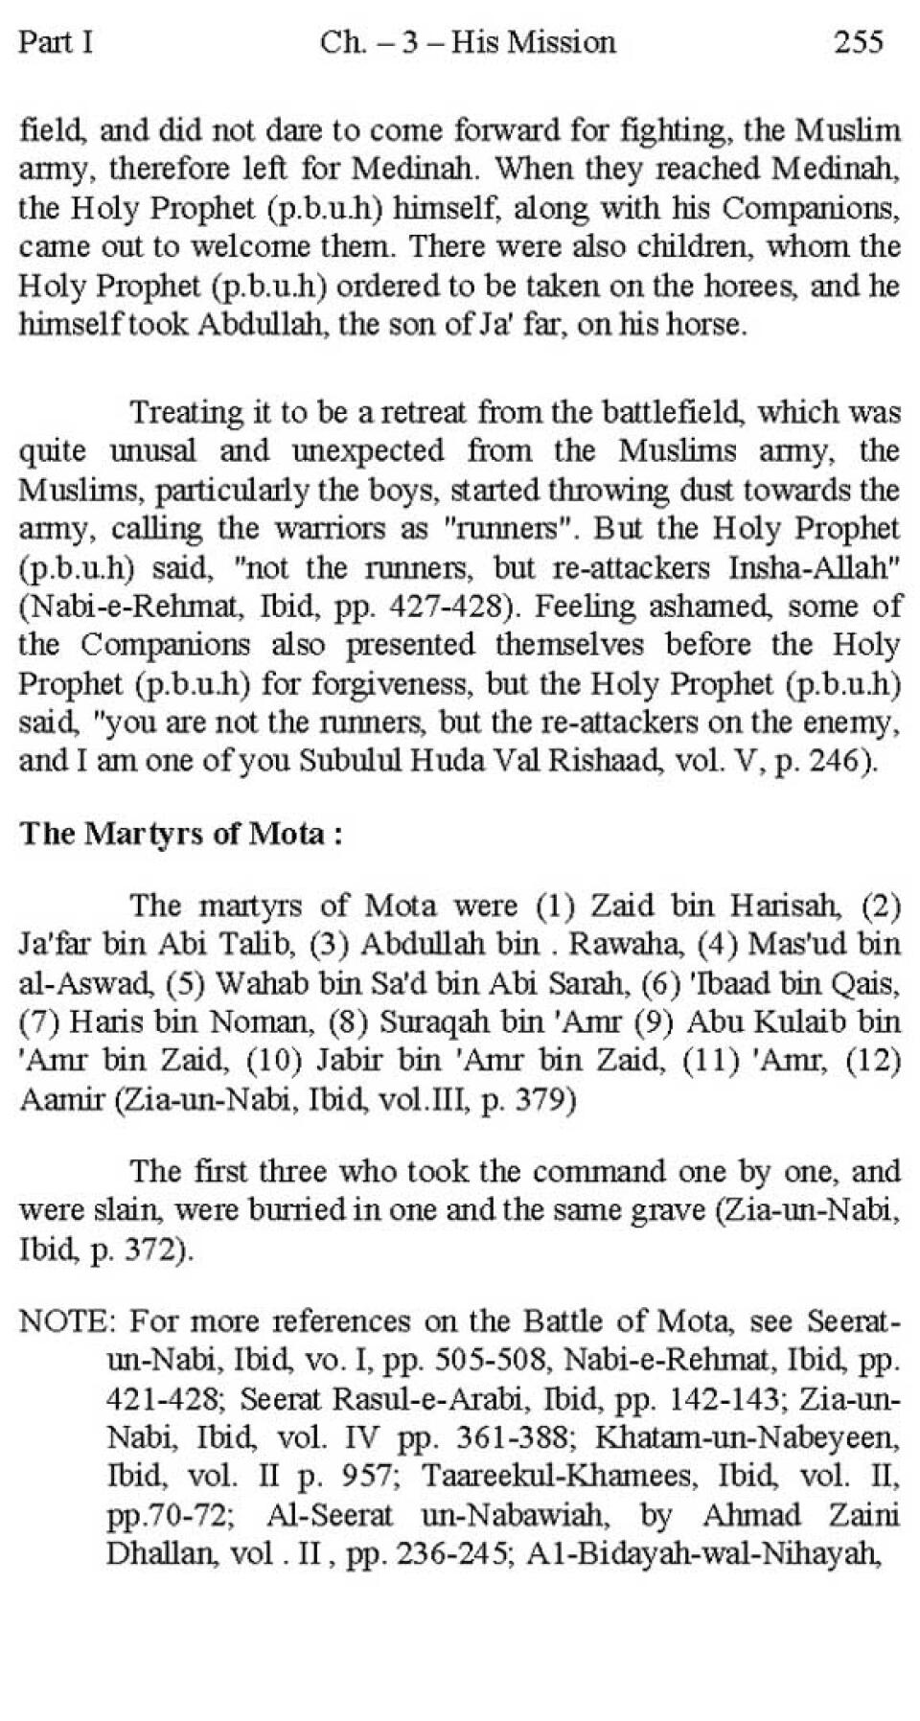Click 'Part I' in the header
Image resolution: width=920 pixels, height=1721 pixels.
[56, 43]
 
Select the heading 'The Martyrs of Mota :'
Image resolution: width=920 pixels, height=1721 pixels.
[181, 833]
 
